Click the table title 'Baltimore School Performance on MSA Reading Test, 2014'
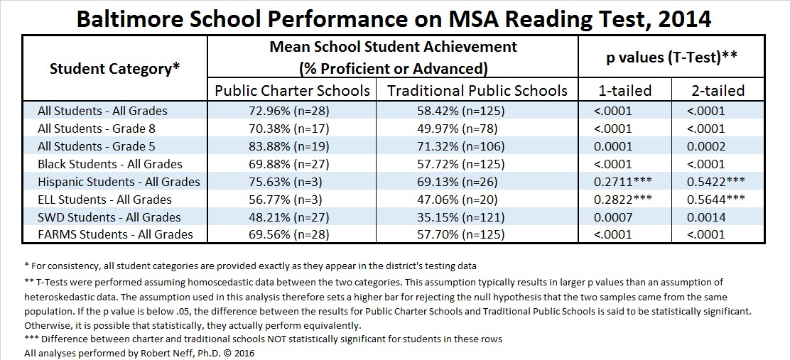394,18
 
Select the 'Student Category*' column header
114,69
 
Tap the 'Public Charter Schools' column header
292,91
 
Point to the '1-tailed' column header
623,91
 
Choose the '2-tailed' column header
716,91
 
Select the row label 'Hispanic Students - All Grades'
119,182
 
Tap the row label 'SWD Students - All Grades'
109,217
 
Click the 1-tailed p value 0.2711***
622,182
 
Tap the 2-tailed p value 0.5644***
716,200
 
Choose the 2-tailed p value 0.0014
706,217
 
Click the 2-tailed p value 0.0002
706,146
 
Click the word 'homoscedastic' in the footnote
191,283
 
